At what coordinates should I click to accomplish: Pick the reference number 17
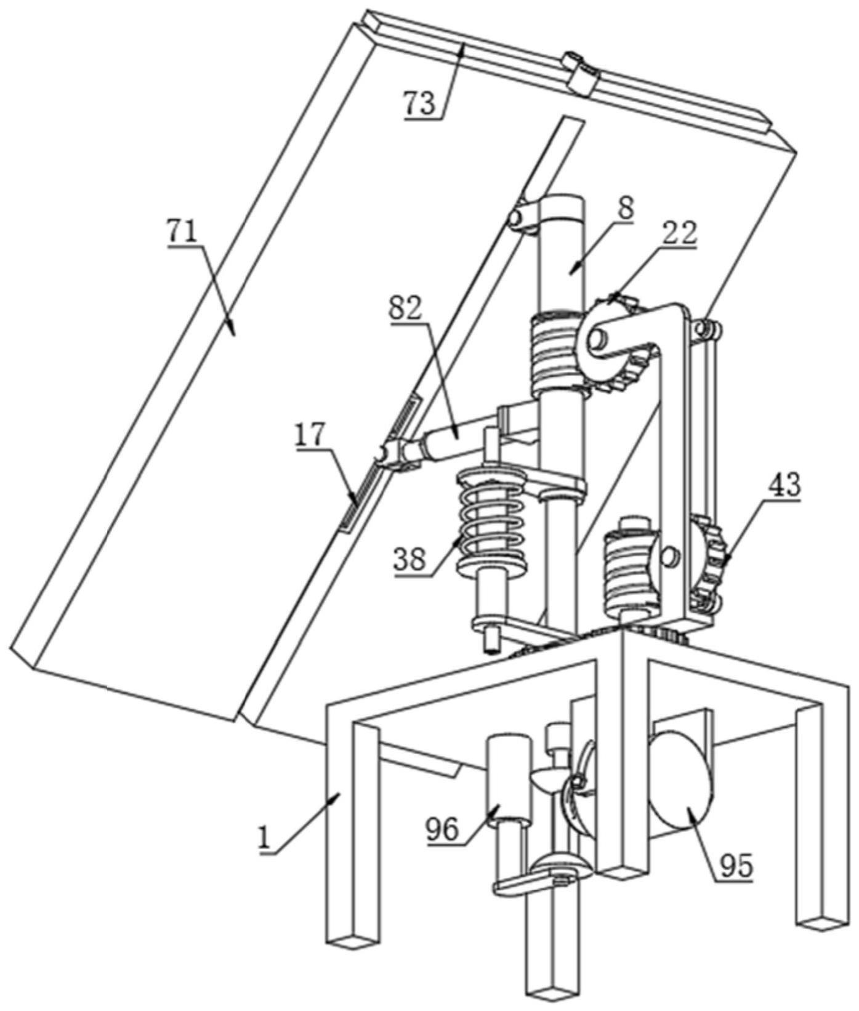(309, 437)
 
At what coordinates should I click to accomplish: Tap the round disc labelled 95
(680, 781)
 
